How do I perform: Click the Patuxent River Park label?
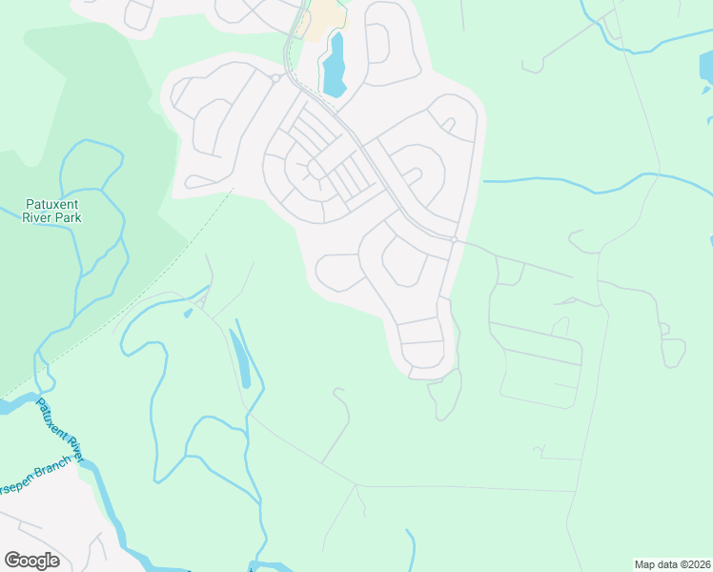(52, 211)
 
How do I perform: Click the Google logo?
(31, 560)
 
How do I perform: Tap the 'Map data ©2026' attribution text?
(671, 563)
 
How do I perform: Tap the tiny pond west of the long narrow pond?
(188, 313)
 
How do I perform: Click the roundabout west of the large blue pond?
(275, 78)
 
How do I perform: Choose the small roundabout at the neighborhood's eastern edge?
(455, 239)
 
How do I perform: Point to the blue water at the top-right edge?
(704, 68)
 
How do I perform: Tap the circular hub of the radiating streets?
(311, 173)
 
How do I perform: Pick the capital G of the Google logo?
(12, 560)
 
